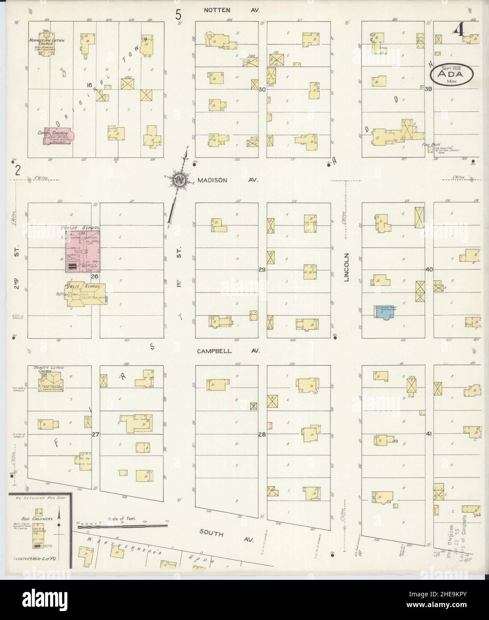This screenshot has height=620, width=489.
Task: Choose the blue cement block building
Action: [384, 311]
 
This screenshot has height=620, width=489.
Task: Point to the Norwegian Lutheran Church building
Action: [50, 47]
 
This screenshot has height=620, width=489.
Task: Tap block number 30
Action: [262, 90]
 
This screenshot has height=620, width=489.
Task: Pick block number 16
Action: [89, 84]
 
